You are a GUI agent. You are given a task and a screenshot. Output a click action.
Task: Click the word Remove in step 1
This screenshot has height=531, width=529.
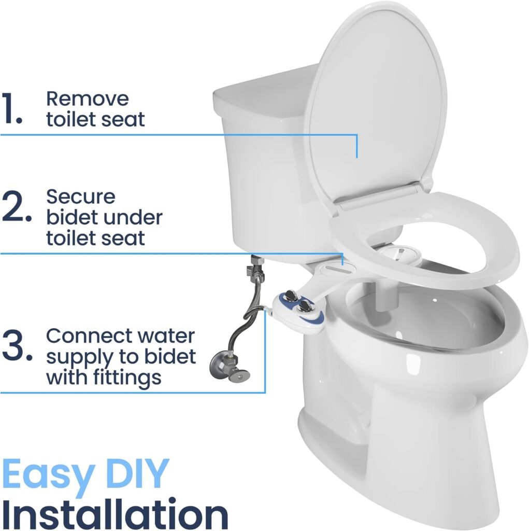(87, 98)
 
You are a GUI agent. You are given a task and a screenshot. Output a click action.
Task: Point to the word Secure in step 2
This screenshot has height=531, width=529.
(81, 197)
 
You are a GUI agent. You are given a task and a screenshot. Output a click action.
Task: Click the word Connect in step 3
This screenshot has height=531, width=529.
(89, 336)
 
